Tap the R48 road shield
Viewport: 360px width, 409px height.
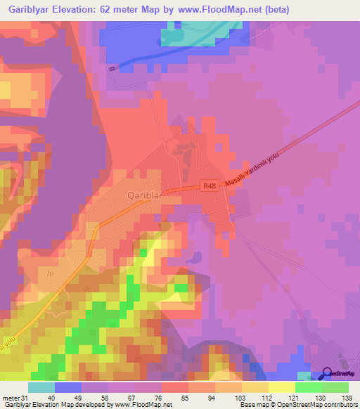point(209,186)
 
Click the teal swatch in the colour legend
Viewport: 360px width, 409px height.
point(41,387)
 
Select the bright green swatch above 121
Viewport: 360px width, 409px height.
point(308,387)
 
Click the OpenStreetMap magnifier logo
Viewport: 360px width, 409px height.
point(328,373)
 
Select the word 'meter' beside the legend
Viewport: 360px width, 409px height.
point(8,398)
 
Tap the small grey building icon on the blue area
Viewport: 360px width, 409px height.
point(113,68)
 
